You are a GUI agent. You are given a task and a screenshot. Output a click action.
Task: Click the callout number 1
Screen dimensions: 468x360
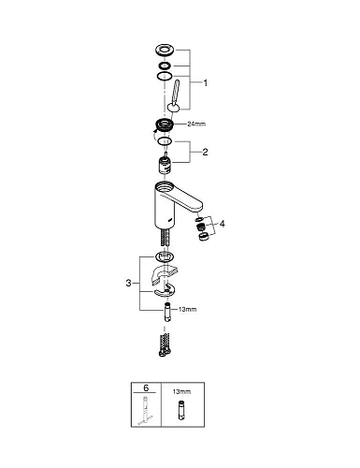point(204,82)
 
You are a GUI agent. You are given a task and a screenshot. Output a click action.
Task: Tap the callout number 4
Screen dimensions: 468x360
point(221,224)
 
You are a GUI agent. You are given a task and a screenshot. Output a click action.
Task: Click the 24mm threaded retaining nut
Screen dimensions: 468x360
point(165,126)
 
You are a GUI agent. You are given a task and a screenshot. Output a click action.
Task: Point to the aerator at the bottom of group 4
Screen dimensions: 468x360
point(201,236)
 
